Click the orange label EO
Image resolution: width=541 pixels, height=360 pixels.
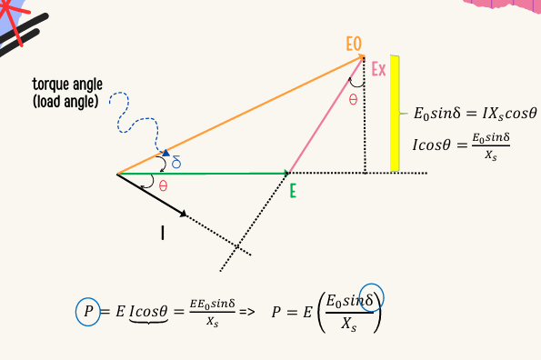354,43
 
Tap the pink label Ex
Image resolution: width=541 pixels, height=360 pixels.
379,68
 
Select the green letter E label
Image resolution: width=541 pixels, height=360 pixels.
293,191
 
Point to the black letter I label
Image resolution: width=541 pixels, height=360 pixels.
163,234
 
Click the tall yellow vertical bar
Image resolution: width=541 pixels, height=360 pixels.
395,100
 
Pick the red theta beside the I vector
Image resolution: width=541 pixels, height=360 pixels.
163,185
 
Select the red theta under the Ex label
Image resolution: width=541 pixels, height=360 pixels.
353,99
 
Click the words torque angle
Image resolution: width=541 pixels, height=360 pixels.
63,85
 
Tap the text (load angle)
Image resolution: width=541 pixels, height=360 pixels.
64,101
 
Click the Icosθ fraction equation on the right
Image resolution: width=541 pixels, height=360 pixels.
462,146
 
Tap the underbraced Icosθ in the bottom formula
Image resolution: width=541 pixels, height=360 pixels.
148,311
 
